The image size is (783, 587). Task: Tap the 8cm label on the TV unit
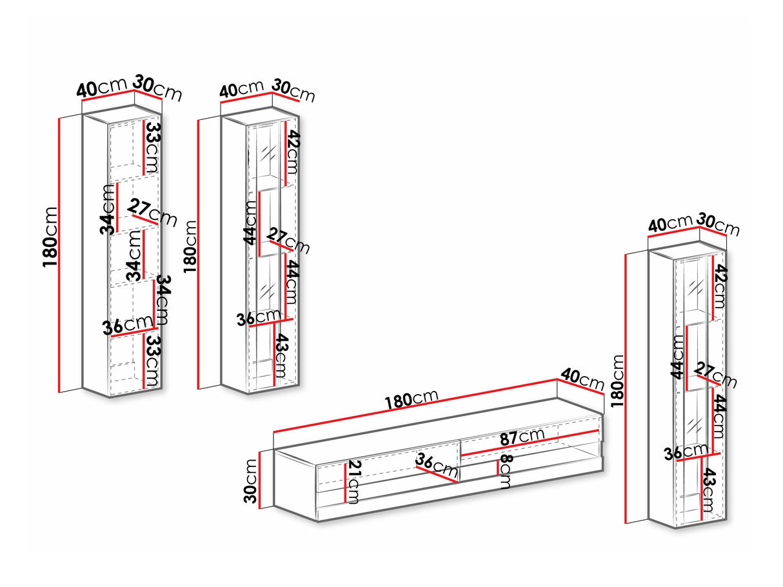[x=505, y=472]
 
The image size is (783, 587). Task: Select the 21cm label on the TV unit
[x=353, y=483]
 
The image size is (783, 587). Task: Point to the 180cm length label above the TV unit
[x=411, y=399]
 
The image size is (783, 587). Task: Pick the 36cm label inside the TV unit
[x=433, y=463]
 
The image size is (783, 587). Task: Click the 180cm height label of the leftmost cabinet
[x=52, y=235]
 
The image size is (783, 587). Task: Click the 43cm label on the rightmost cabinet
[x=708, y=490]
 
